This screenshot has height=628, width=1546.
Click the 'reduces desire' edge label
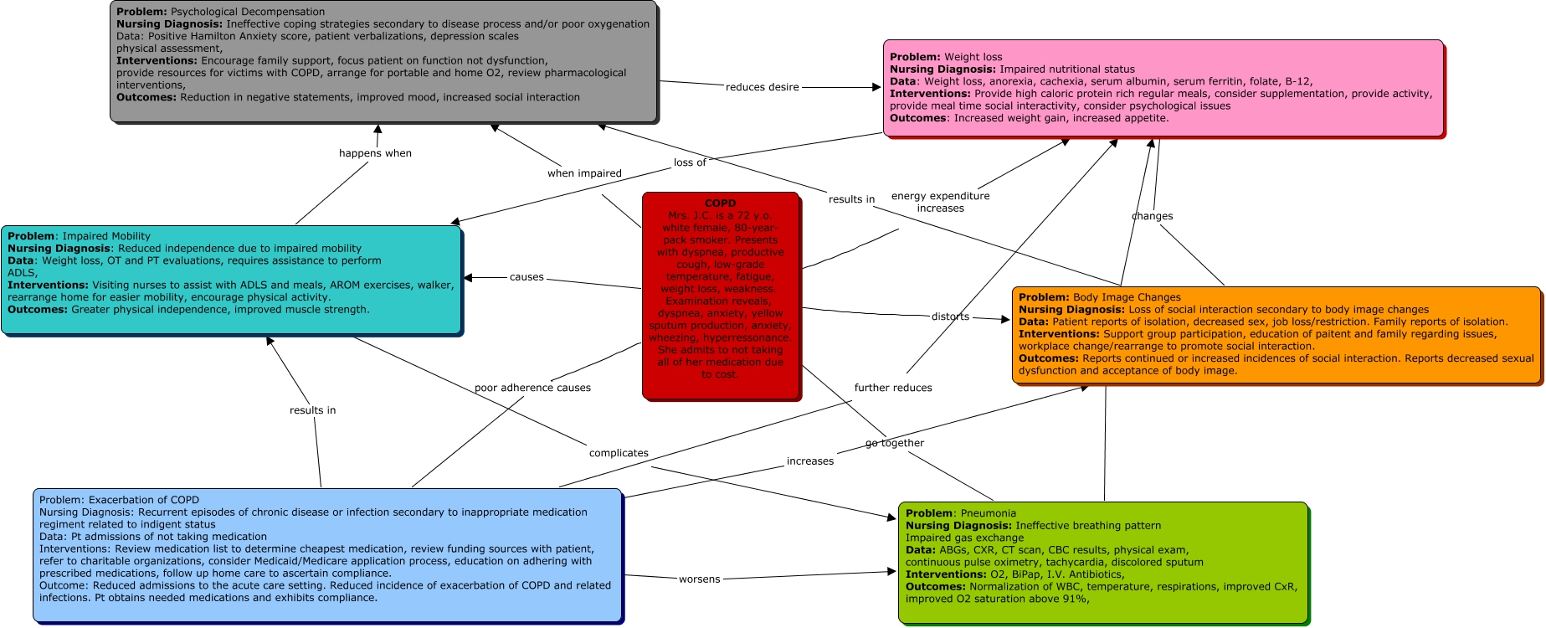(x=762, y=87)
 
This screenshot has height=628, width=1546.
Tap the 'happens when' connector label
(x=375, y=153)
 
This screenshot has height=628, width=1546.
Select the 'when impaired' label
(x=584, y=173)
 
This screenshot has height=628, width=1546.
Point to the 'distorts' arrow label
(x=950, y=317)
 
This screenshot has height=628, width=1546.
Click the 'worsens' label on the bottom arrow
(x=699, y=579)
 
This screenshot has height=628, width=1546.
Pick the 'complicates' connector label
(x=619, y=453)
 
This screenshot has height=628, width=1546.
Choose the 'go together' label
(x=895, y=443)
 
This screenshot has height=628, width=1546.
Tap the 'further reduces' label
(x=893, y=388)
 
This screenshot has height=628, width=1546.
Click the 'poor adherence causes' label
(x=532, y=388)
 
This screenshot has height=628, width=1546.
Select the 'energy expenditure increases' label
(x=941, y=202)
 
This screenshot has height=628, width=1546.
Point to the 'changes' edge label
(x=1152, y=216)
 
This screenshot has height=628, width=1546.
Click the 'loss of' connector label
(x=690, y=162)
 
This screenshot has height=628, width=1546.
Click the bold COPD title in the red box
(x=720, y=203)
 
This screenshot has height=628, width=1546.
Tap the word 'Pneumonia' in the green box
(x=989, y=513)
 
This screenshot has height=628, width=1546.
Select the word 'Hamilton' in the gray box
(x=213, y=36)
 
